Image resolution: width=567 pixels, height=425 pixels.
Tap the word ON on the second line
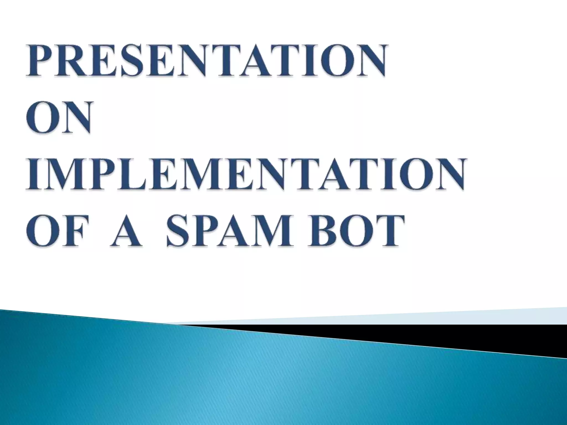coord(59,118)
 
